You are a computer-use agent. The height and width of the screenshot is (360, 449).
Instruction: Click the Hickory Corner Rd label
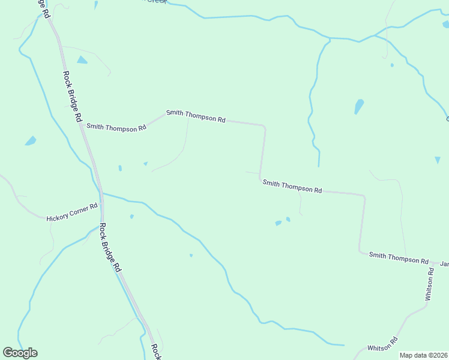pos(72,212)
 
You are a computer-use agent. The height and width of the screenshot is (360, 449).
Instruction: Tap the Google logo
pos(20,353)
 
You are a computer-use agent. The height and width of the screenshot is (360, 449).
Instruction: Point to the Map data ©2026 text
pos(424,355)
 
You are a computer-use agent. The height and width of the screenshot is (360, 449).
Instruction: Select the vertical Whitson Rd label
pos(429,284)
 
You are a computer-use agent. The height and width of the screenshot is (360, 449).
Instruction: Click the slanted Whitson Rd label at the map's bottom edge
pos(383,345)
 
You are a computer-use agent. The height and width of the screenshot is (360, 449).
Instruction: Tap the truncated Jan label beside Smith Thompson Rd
pos(444,263)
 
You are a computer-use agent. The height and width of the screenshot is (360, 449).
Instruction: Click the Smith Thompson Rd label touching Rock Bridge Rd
pos(116,127)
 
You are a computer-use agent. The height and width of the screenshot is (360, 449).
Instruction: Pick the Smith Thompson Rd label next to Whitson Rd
pos(399,258)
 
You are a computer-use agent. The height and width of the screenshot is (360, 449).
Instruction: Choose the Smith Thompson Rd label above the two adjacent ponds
pos(292,186)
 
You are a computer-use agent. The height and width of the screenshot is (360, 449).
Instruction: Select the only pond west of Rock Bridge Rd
pos(30,141)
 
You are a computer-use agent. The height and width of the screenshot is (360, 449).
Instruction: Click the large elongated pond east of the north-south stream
pos(359,106)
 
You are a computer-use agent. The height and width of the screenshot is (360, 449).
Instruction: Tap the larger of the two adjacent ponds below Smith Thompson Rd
pos(278,223)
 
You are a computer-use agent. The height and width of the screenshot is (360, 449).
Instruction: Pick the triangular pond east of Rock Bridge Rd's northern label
pos(82,60)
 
